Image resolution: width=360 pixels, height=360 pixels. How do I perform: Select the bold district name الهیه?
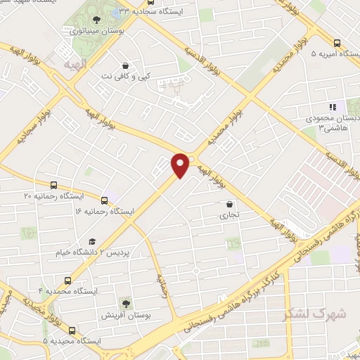[x=74, y=65]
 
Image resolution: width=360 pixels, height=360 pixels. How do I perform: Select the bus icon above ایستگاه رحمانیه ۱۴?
[x=105, y=199]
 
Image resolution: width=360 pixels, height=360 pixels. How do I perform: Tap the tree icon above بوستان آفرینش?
[x=125, y=303]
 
